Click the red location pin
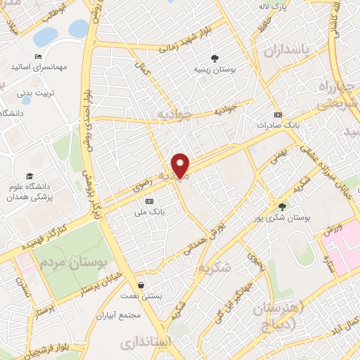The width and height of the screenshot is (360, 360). point(181,165)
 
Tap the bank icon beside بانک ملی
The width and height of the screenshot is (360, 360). point(148,201)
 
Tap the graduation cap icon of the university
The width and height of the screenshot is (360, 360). point(30,176)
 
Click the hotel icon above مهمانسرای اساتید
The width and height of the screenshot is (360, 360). point(39,56)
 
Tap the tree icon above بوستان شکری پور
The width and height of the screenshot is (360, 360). point(282,206)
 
